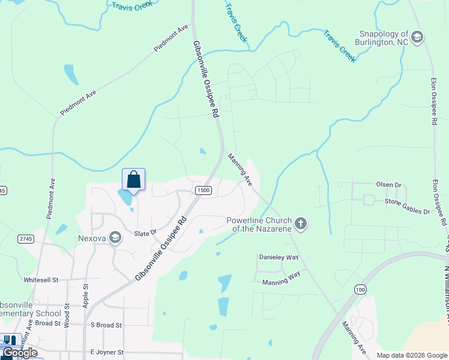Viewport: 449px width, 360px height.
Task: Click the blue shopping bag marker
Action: coord(133,179)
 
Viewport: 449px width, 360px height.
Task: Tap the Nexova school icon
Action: coord(115,238)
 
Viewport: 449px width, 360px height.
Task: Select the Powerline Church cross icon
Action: coord(301,224)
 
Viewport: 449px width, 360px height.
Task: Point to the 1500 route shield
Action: coord(203,190)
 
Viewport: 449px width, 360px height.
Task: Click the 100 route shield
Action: coord(360,290)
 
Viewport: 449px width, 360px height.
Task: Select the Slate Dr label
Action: coord(145,233)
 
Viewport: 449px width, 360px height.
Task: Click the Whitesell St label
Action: coord(41,280)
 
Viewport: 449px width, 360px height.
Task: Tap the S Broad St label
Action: coord(106,325)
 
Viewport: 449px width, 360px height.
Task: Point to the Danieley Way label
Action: coord(279,257)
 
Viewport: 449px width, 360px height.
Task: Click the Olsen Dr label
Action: coord(388,185)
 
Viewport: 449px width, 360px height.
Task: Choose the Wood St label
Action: coord(66,315)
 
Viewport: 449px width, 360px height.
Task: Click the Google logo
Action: coord(20,353)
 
